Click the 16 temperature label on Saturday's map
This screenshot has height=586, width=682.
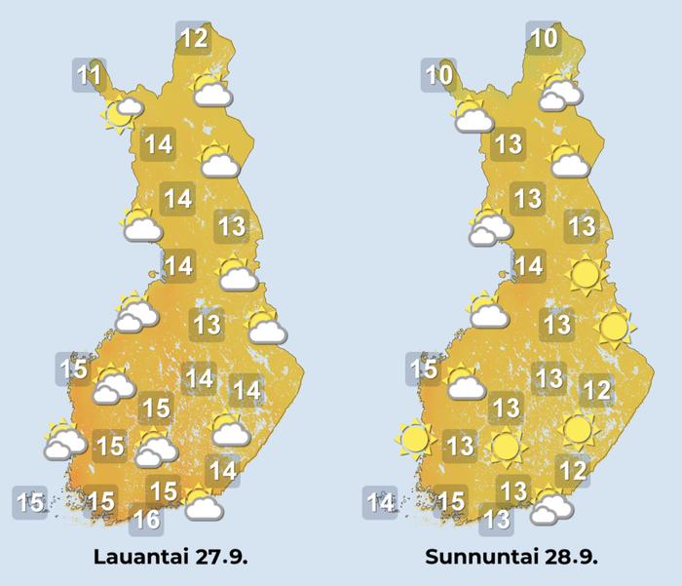tap(146, 520)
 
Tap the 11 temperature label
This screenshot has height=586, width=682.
tap(90, 74)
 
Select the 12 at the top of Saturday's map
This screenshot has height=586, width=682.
tap(194, 39)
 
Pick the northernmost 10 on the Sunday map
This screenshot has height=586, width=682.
tap(543, 39)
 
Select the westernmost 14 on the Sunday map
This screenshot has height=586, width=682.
tap(381, 503)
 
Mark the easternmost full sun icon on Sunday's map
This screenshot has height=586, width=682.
tap(613, 328)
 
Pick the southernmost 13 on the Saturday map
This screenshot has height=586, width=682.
tap(207, 324)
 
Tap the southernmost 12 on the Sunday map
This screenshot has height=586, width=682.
tap(573, 472)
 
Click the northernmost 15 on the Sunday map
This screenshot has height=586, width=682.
tap(423, 370)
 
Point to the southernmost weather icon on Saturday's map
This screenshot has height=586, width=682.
tap(202, 503)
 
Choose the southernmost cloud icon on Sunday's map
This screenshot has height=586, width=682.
tap(551, 505)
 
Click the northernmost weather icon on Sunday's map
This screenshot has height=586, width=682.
tap(559, 91)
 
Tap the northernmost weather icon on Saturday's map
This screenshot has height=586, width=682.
tap(211, 91)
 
